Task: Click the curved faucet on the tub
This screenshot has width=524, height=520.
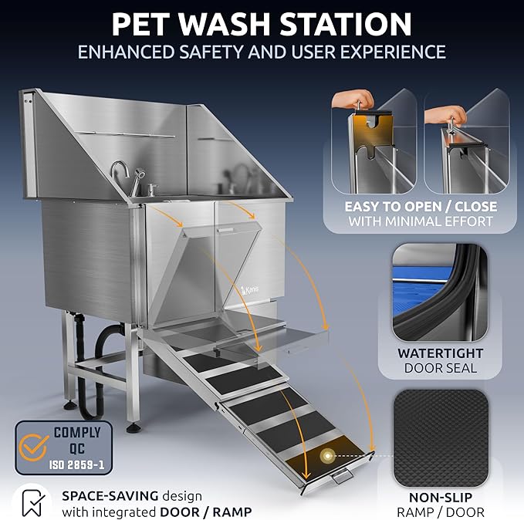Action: click(x=117, y=172)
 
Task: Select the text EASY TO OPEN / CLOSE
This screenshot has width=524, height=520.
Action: click(x=421, y=207)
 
